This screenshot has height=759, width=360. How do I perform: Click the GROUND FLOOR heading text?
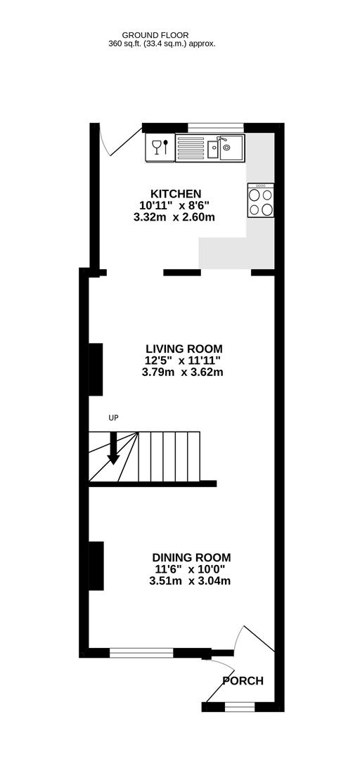pyautogui.click(x=155, y=35)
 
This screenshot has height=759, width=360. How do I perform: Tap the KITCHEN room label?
pyautogui.click(x=175, y=194)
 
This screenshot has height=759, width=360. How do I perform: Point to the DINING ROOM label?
pyautogui.click(x=191, y=557)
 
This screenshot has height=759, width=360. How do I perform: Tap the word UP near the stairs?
pyautogui.click(x=113, y=417)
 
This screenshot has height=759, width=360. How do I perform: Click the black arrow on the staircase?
pyautogui.click(x=113, y=448)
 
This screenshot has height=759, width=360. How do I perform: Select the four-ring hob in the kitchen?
pyautogui.click(x=261, y=200)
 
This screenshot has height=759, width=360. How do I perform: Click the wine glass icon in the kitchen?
pyautogui.click(x=157, y=147)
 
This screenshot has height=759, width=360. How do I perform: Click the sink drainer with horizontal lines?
pyautogui.click(x=191, y=148)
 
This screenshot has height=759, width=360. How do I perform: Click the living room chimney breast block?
pyautogui.click(x=96, y=369)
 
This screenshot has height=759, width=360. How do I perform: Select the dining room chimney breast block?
pyautogui.click(x=96, y=566)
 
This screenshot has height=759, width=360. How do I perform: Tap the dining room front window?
pyautogui.click(x=141, y=653)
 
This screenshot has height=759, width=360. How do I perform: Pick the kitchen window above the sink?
pyautogui.click(x=216, y=127)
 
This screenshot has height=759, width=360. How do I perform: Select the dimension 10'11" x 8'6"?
pyautogui.click(x=174, y=206)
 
